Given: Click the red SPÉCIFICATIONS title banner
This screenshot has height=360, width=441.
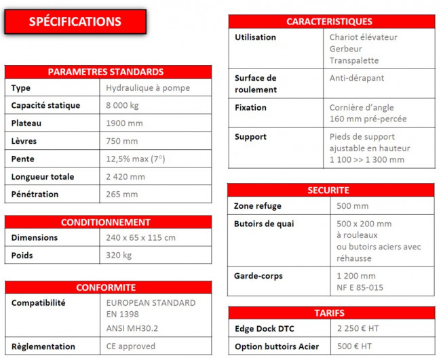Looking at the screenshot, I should (75, 22).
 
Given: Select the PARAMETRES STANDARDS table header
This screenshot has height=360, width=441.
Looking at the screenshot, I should (108, 72).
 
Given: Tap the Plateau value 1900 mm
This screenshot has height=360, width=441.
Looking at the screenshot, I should (125, 123).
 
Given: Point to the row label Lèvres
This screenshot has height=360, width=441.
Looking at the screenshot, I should (24, 141).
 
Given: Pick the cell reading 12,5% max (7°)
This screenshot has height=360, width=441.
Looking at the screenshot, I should (136, 159).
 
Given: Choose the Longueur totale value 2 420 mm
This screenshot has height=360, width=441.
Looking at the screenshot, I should (126, 177).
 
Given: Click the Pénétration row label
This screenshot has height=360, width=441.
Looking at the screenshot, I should (35, 195).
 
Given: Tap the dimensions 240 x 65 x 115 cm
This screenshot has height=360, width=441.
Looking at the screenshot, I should (141, 238).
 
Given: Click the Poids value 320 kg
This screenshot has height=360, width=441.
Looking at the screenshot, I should (119, 256).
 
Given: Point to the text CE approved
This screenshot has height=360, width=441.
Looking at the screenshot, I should (132, 346).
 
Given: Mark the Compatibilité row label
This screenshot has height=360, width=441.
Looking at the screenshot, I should (39, 303).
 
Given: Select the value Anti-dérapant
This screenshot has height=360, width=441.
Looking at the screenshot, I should (357, 78).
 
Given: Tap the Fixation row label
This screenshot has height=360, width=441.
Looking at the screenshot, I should (250, 108).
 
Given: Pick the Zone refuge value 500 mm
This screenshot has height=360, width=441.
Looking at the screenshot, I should (353, 206).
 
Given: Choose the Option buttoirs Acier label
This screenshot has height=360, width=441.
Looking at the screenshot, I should (277, 346).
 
